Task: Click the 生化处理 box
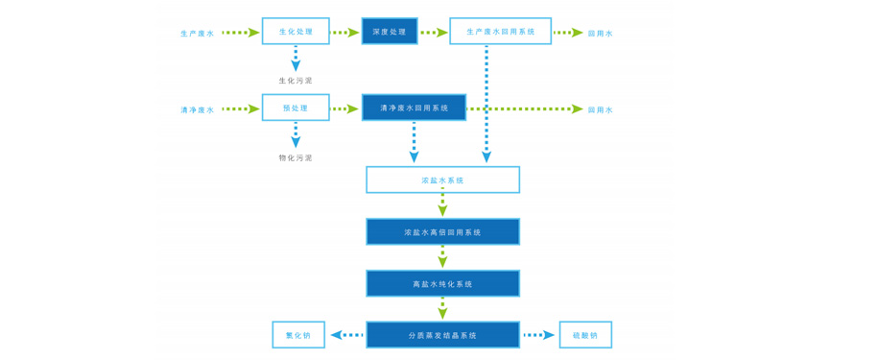[296, 32]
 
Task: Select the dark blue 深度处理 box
[390, 32]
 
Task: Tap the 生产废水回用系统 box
[500, 32]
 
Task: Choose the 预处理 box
[296, 108]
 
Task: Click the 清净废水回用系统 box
[414, 108]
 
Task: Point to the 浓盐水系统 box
[442, 180]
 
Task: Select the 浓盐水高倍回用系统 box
[442, 231]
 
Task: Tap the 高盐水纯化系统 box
[442, 283]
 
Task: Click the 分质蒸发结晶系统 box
[442, 335]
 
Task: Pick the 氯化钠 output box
[298, 335]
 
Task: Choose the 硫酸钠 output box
[585, 335]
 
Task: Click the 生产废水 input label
[198, 34]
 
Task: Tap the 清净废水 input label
[198, 109]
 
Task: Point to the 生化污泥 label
[296, 81]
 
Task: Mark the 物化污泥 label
[296, 157]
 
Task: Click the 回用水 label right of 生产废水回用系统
[600, 34]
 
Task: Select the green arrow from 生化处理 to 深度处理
[344, 33]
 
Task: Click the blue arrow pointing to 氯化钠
[346, 335]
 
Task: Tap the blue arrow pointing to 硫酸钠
[538, 335]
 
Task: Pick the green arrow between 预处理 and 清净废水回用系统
[344, 108]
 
